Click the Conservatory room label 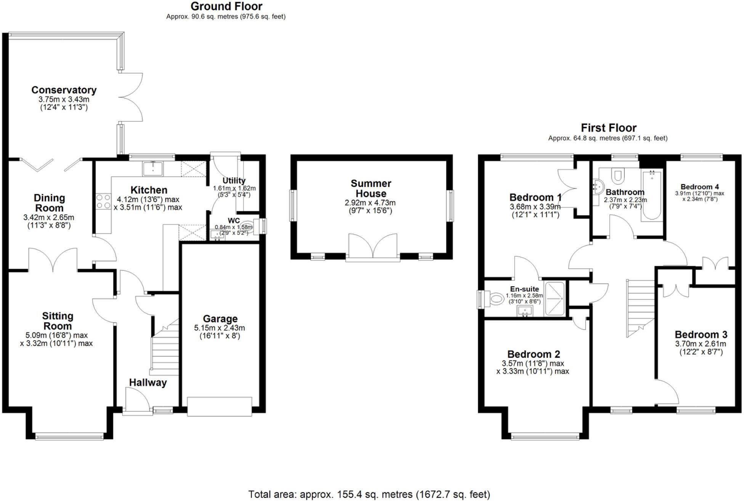pos(64,90)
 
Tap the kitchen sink pos(153,169)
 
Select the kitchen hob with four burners pos(103,201)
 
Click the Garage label pos(220,319)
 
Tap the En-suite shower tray pos(555,299)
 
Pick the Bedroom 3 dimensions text pos(701,348)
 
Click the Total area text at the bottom pos(369,495)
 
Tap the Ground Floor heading pos(226,6)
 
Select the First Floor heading pos(608,128)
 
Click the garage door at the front pos(219,406)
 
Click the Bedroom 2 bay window pos(545,437)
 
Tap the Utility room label pos(234,181)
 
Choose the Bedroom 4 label pos(699,187)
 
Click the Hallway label pos(148,383)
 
